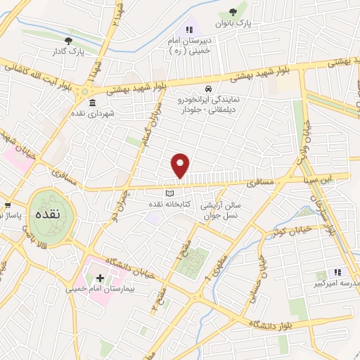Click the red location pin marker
(181, 165)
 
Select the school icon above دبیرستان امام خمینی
(188, 30)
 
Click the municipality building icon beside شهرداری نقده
(93, 103)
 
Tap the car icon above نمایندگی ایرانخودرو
(209, 89)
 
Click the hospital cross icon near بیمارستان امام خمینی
(100, 278)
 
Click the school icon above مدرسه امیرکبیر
(337, 272)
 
